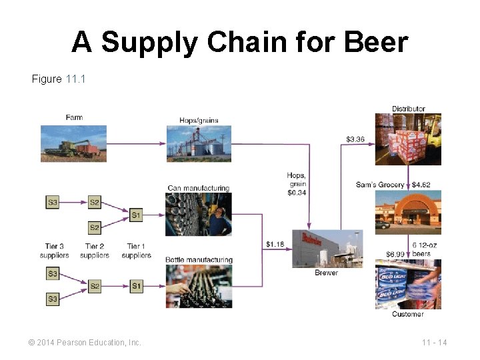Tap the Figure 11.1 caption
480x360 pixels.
(59, 79)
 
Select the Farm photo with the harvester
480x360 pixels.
(73, 143)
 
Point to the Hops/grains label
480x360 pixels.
(199, 121)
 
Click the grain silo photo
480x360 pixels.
(199, 143)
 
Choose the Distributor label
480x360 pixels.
(408, 109)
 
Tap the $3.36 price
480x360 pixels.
(355, 139)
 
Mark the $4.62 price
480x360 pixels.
(421, 185)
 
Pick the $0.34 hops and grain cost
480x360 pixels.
(297, 193)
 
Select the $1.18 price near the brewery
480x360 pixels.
(275, 244)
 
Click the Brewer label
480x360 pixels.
(326, 273)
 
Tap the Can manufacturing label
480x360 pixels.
(198, 188)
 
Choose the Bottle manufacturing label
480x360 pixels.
(199, 259)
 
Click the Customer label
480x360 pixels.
(407, 314)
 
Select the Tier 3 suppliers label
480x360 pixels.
(55, 251)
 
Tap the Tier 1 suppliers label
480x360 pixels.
(137, 251)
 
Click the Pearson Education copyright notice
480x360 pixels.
(85, 343)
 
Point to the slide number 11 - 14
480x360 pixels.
(434, 343)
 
